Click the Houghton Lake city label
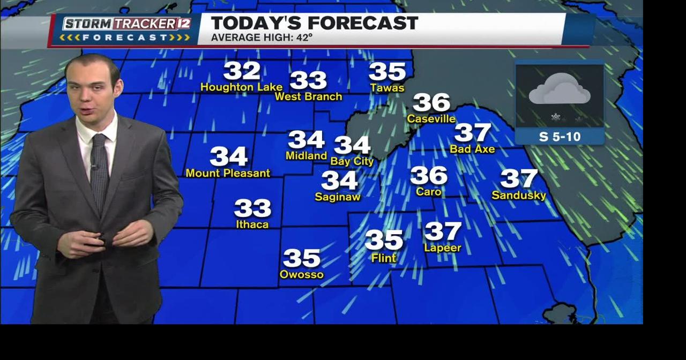click(241, 87)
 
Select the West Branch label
click(308, 96)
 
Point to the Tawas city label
click(387, 88)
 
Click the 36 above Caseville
click(431, 102)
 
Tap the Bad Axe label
click(472, 149)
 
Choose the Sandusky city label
click(518, 196)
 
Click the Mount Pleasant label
click(228, 173)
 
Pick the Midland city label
click(306, 155)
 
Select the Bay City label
click(352, 161)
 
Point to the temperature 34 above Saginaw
click(339, 181)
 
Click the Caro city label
click(429, 191)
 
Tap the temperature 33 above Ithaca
click(252, 208)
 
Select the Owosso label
click(302, 274)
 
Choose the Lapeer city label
click(443, 247)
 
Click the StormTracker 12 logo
click(126, 30)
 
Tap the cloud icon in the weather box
click(560, 90)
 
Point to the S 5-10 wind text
click(560, 137)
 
